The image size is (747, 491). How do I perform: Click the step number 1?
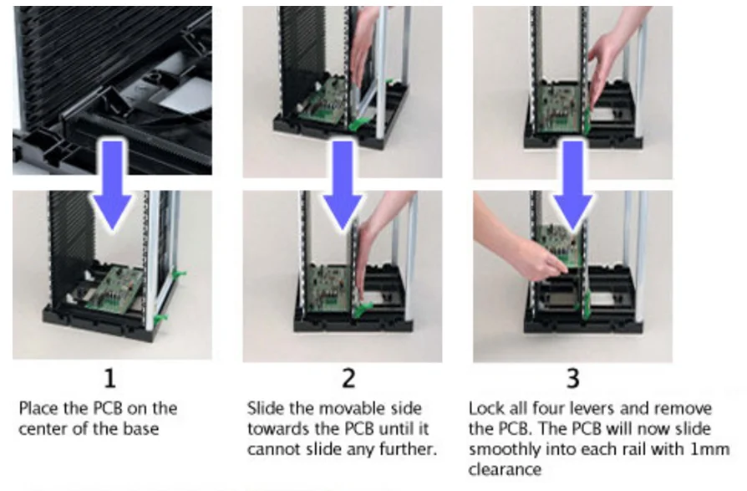(x=110, y=379)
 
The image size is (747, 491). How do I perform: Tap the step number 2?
(x=348, y=379)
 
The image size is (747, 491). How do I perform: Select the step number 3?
(x=573, y=379)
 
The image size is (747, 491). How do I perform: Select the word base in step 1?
(x=141, y=428)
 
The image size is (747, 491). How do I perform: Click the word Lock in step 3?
(x=485, y=408)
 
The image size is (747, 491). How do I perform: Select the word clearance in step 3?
(x=505, y=469)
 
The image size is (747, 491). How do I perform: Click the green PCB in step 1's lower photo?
(x=115, y=290)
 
